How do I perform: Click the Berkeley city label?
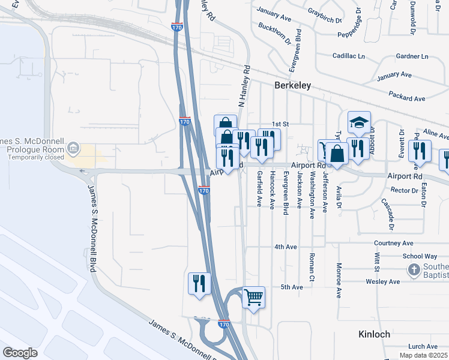point(292,86)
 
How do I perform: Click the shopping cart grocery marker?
point(254,296)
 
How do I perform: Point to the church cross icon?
point(413,270)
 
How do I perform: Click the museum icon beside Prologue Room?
point(73,147)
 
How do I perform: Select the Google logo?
point(20,353)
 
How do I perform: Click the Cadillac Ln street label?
point(349,56)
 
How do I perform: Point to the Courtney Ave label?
point(394,243)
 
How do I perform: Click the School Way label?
point(420,256)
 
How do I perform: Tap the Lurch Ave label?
point(423,346)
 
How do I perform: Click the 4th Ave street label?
point(286,247)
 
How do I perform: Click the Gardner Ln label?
point(412,56)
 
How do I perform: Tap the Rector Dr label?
point(404,190)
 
